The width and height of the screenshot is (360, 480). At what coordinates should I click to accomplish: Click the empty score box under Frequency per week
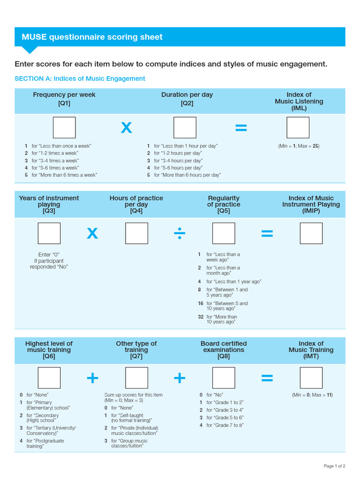(64, 127)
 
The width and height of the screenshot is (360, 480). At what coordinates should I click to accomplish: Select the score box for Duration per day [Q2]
(185, 127)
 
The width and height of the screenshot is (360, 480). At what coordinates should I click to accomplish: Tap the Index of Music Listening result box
(298, 127)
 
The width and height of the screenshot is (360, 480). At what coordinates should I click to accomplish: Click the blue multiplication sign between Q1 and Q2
(126, 127)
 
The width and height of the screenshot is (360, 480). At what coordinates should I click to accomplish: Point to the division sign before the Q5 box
(180, 233)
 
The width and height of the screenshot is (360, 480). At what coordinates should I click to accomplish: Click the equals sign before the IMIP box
(267, 233)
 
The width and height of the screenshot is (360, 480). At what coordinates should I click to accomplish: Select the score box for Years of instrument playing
(49, 233)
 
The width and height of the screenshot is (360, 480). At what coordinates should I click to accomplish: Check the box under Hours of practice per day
(136, 233)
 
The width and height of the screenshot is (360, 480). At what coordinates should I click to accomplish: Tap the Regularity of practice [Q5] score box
(224, 233)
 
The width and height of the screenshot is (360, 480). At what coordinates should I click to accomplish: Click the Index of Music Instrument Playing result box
(311, 233)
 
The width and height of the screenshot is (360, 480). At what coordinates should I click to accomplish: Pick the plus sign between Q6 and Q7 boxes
(92, 378)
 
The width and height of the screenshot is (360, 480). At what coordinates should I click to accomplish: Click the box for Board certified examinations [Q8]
(224, 378)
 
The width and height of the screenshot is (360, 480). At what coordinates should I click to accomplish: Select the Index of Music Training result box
(311, 378)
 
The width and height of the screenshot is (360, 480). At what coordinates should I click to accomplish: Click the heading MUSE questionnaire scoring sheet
(92, 37)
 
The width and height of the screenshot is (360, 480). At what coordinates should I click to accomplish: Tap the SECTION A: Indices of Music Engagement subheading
(80, 79)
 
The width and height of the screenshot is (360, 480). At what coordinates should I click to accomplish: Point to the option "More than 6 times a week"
(64, 175)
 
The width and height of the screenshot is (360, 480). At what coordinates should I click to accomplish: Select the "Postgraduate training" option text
(45, 443)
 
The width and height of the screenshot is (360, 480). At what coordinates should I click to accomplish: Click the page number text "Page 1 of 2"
(334, 466)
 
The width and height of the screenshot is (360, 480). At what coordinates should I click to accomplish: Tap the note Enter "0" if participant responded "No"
(49, 261)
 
